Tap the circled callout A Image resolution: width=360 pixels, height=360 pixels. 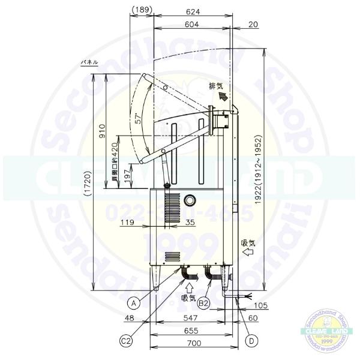click(x=136, y=303)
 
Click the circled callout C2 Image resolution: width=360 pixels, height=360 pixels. click(x=126, y=341)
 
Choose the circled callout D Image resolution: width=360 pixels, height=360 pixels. click(x=252, y=341)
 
